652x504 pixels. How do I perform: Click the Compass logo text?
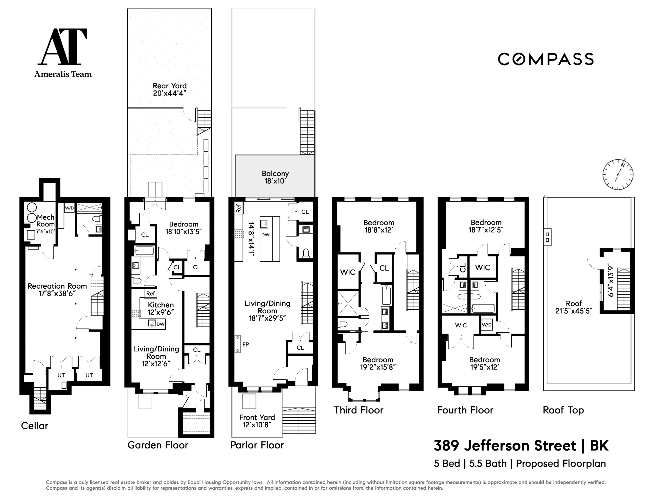click(x=545, y=59)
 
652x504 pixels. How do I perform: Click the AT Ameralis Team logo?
click(x=63, y=52)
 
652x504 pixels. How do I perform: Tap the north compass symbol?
click(x=618, y=174)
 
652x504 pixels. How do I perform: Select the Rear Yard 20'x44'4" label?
click(x=170, y=89)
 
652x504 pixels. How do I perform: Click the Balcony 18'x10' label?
click(x=275, y=177)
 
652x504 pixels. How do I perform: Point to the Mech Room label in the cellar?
click(x=46, y=221)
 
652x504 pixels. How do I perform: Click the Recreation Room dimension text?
click(x=57, y=294)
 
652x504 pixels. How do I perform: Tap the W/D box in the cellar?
click(x=69, y=208)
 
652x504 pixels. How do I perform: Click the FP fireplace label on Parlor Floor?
click(x=245, y=344)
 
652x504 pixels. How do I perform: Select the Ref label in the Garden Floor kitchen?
click(x=150, y=294)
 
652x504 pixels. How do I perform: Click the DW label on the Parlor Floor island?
click(x=265, y=235)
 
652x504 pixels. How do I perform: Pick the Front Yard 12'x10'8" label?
click(x=257, y=421)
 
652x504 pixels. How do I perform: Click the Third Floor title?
click(x=358, y=410)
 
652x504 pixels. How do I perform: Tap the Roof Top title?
click(x=563, y=410)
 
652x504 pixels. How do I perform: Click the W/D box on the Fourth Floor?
click(x=486, y=325)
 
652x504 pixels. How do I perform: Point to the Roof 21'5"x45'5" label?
click(x=573, y=307)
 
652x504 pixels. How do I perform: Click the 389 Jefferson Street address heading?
click(x=520, y=446)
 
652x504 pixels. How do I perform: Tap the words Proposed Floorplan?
click(x=561, y=463)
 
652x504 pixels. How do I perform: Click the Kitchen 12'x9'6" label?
click(x=161, y=308)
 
